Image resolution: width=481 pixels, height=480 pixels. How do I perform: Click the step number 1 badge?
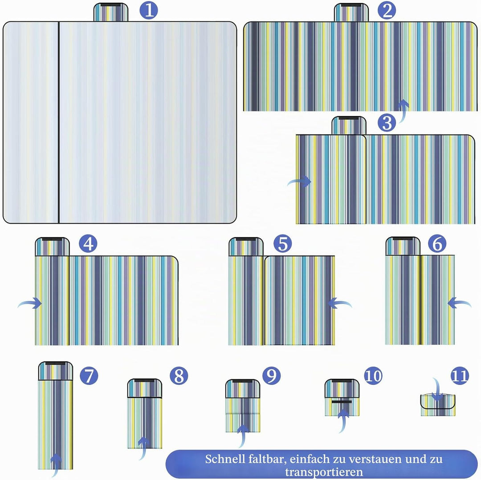(149, 10)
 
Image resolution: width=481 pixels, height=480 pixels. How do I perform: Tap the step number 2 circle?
(387, 10)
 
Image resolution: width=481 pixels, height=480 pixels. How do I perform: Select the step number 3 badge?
(387, 122)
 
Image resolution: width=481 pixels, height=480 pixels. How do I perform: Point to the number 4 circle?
(88, 244)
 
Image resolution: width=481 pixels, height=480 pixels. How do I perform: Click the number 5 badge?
(282, 244)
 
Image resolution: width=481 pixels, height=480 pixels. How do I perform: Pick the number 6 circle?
(437, 244)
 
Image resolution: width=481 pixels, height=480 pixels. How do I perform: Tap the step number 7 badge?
(89, 375)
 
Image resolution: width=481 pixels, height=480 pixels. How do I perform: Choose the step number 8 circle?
(179, 375)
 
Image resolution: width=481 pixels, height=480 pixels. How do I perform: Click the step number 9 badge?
(272, 375)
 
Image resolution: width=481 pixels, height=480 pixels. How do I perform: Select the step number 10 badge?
(373, 375)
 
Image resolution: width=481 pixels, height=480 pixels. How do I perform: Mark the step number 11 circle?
(460, 375)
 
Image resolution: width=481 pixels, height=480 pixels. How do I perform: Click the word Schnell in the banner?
(225, 459)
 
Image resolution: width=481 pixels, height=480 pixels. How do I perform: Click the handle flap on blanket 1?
(111, 12)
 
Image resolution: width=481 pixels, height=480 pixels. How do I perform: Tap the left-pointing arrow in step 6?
(459, 303)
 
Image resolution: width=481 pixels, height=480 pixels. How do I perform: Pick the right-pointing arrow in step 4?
(29, 303)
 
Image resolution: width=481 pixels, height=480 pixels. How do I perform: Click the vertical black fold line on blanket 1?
(59, 122)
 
